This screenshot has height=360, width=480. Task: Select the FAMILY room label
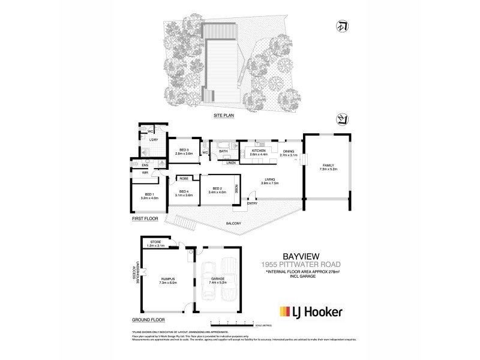pos(327,167)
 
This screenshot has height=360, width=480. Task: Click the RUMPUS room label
pos(167,278)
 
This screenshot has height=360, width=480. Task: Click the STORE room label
pos(157,242)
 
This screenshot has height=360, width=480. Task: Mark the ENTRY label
pos(253,209)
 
